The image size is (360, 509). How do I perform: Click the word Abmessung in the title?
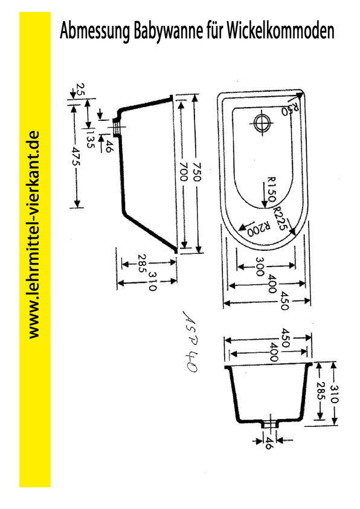[x=94, y=31]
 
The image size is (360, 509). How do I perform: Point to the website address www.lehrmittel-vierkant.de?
[x=34, y=235]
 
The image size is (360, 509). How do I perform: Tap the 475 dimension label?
[x=76, y=157]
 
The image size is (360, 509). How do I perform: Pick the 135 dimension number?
[x=91, y=139]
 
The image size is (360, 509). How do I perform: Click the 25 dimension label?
[x=81, y=89]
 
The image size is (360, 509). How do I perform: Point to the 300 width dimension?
[x=260, y=267]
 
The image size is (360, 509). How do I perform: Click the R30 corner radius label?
[x=289, y=109]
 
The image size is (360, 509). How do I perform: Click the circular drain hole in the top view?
[x=262, y=123]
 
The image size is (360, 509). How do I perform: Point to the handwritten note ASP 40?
[x=191, y=342]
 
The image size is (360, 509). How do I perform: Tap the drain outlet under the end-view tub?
[x=270, y=424]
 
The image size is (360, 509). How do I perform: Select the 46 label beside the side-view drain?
[x=109, y=146]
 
